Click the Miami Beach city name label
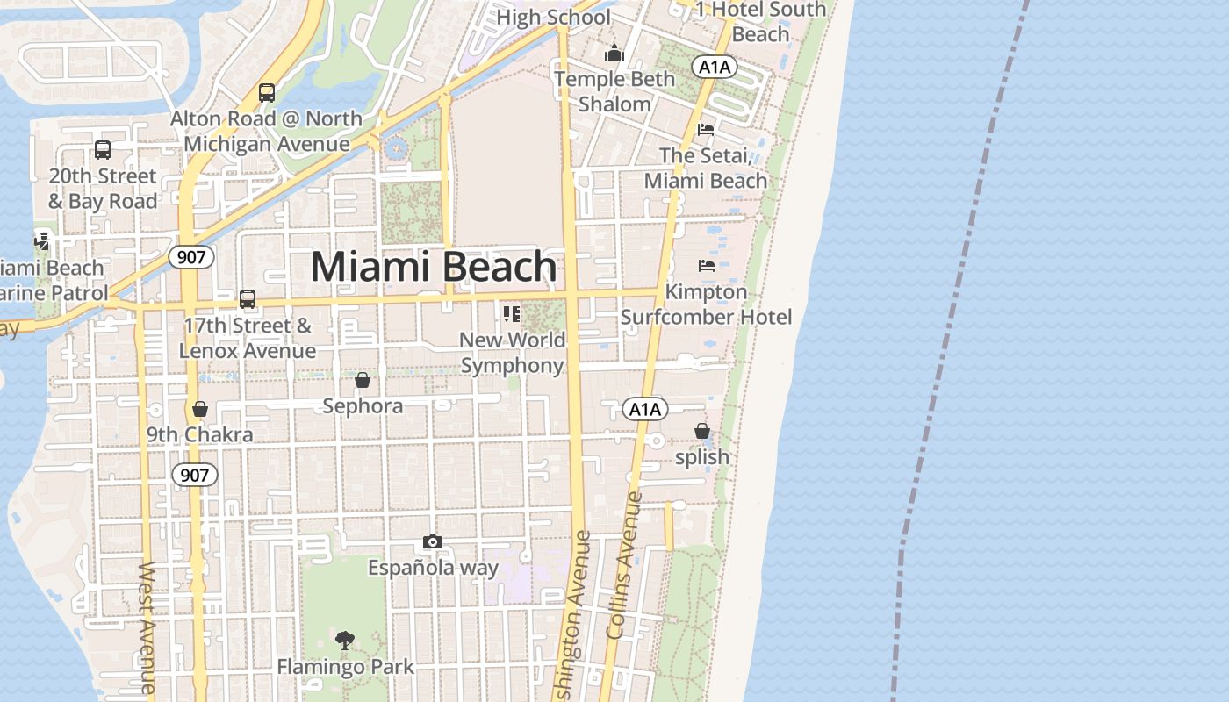pos(434,267)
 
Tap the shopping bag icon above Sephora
pos(363,380)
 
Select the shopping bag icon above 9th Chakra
pos(200,409)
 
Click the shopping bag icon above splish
pos(702,431)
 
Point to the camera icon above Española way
pos(432,542)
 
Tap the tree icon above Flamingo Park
pos(345,641)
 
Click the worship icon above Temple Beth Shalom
pos(614,54)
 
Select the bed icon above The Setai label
pos(706,130)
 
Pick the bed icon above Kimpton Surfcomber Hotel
pos(706,265)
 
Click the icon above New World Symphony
pos(512,313)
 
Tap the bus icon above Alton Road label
pos(267,92)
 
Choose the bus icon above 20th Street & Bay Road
pos(103,150)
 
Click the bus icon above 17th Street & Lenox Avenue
pos(248,299)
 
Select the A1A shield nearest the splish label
pos(645,408)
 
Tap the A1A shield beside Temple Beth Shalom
pos(714,67)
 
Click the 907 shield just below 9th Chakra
pos(193,476)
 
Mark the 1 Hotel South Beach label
pos(760,21)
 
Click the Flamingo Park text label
pos(345,667)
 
